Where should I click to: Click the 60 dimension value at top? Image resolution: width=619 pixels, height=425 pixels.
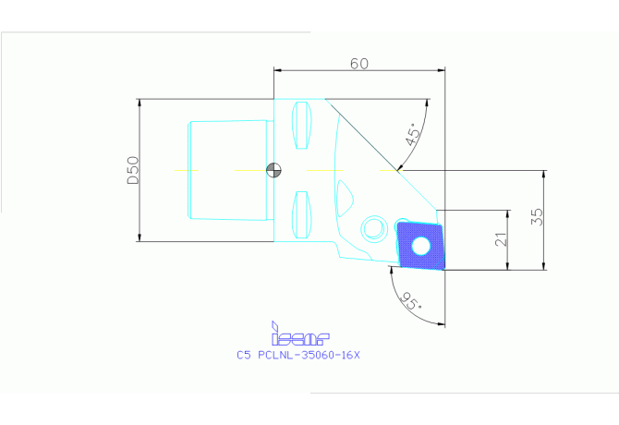[x=359, y=64]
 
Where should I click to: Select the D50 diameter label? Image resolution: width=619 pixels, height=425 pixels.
[x=133, y=170]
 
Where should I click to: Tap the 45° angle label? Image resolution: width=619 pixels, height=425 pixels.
[x=414, y=134]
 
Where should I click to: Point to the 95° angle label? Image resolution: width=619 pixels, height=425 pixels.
[x=410, y=301]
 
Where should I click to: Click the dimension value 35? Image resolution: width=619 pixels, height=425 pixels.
[x=537, y=216]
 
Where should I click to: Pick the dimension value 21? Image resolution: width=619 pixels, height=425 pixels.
[x=501, y=239]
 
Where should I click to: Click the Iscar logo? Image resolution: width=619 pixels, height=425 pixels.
[x=300, y=334]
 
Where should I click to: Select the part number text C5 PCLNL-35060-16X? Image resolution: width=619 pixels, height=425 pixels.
[x=298, y=355]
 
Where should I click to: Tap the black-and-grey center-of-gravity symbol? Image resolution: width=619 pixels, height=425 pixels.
[x=273, y=170]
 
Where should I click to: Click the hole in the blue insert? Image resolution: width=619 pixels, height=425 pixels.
[x=420, y=246]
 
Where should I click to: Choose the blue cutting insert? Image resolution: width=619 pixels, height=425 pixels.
[x=420, y=246]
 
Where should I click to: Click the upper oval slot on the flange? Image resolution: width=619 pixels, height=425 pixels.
[x=301, y=125]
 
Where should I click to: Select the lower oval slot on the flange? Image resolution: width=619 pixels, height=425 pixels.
[x=301, y=215]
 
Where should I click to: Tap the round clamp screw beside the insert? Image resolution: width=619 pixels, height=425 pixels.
[x=374, y=227]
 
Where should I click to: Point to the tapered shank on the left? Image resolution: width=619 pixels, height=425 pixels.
[x=228, y=170]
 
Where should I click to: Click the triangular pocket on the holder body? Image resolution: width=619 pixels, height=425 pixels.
[x=345, y=198]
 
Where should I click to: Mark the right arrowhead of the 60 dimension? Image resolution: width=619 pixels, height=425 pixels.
[x=441, y=70]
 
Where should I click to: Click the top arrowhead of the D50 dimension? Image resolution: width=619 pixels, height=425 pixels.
[x=139, y=103]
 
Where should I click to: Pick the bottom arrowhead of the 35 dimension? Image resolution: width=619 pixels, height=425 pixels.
[x=544, y=266]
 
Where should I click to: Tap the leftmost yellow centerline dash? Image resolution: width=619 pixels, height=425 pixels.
[x=186, y=171]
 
